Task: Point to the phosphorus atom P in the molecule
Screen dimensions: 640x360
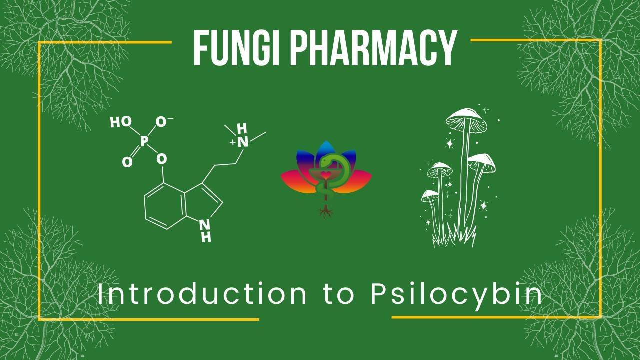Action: (x=144, y=141)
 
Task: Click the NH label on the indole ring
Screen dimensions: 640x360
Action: (x=205, y=230)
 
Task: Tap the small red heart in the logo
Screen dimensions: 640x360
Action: (x=326, y=175)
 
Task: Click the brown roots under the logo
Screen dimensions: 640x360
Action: (x=326, y=212)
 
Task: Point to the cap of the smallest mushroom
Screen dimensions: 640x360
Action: (x=429, y=194)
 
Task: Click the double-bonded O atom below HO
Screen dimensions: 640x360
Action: (x=127, y=162)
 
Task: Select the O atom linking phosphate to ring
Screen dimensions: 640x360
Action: (x=161, y=159)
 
